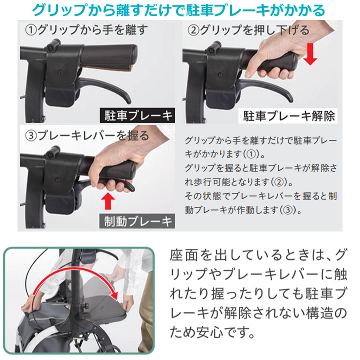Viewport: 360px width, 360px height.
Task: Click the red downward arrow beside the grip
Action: point(310,54)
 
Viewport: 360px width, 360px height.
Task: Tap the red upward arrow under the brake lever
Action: point(108,201)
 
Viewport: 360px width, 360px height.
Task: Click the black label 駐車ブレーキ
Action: point(137,115)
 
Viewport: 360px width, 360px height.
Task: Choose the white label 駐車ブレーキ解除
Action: point(288,116)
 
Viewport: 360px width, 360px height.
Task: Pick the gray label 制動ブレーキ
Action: point(137,221)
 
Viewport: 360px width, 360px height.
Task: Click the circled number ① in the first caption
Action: point(31,30)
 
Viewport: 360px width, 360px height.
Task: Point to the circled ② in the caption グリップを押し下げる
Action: point(193,30)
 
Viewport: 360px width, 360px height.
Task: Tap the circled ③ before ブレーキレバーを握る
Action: point(31,135)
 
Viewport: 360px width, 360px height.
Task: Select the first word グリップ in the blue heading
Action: point(59,10)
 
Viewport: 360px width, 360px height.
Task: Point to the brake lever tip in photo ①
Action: point(128,100)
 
